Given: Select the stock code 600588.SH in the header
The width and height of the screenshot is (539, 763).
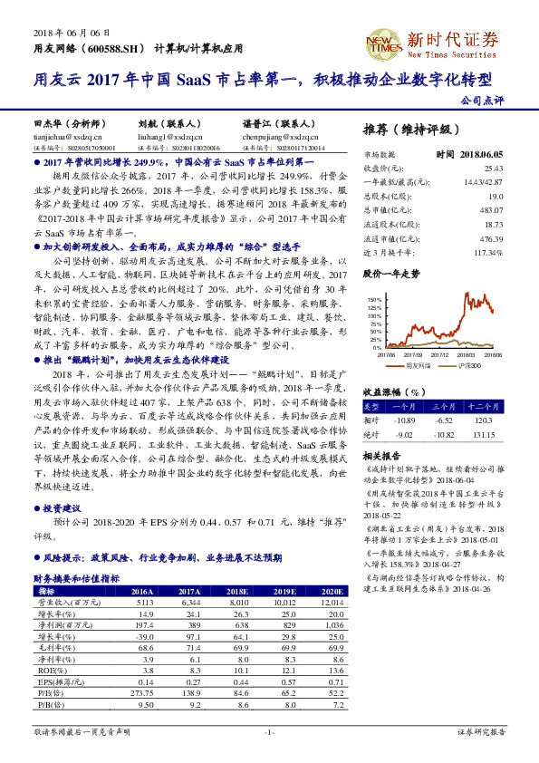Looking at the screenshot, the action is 117,46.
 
